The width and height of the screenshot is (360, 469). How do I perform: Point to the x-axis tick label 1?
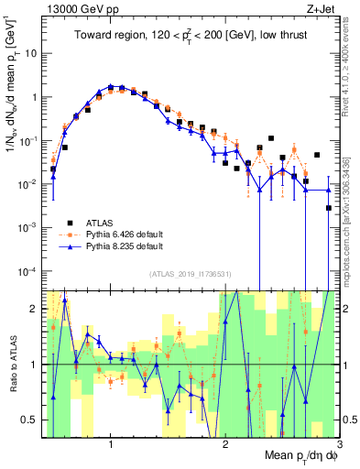pos(111,445)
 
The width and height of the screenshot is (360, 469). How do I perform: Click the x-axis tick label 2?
pos(225,445)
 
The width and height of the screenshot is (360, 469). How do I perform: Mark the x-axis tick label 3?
pos(339,445)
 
